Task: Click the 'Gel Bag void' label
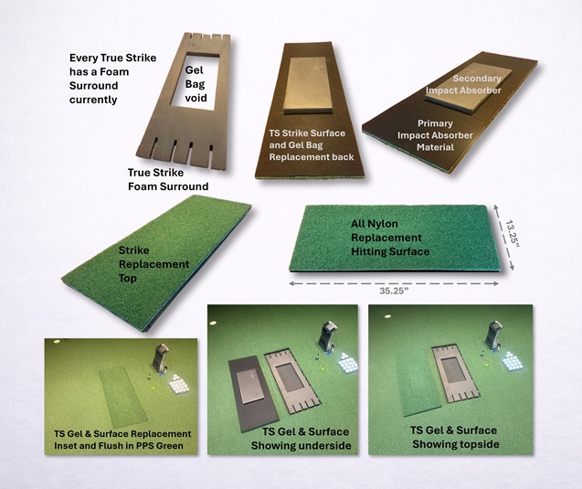point(196,84)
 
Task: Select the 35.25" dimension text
point(394,291)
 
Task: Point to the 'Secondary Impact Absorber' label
point(463,84)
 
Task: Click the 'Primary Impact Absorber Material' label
point(435,135)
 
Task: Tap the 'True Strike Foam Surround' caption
point(168,179)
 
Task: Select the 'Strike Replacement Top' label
point(153,264)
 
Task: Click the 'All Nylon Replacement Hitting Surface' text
point(390,238)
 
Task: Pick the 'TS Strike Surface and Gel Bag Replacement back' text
point(312,145)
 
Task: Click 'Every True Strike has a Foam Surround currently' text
point(113,79)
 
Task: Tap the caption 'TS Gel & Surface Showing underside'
point(301,439)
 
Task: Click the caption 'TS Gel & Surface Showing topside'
point(456,437)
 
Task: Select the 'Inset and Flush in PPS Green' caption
point(119,445)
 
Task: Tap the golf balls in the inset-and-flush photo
point(179,384)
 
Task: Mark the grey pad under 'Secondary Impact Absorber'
point(469,87)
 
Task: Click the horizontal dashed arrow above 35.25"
point(394,283)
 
